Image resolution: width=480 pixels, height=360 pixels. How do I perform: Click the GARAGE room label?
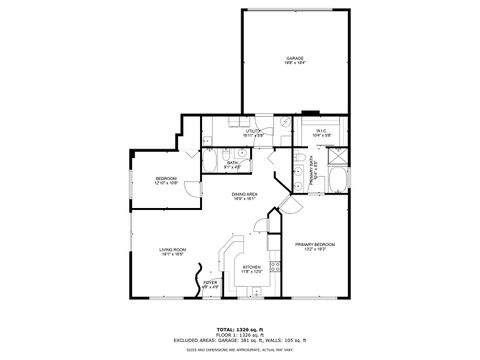(x=295, y=60)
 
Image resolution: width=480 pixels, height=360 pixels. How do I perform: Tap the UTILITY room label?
(x=254, y=132)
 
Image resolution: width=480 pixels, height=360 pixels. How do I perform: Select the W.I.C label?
(x=322, y=132)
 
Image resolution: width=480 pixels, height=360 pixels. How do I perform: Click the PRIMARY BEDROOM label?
(x=314, y=247)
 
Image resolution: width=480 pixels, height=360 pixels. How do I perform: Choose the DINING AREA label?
(x=245, y=196)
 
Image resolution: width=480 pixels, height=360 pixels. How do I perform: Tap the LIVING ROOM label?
(x=173, y=252)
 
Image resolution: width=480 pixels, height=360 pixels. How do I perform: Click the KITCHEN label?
(x=252, y=269)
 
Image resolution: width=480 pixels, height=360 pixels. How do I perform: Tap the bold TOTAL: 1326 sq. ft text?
(x=240, y=329)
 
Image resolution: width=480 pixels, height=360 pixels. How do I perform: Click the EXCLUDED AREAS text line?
(x=240, y=340)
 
